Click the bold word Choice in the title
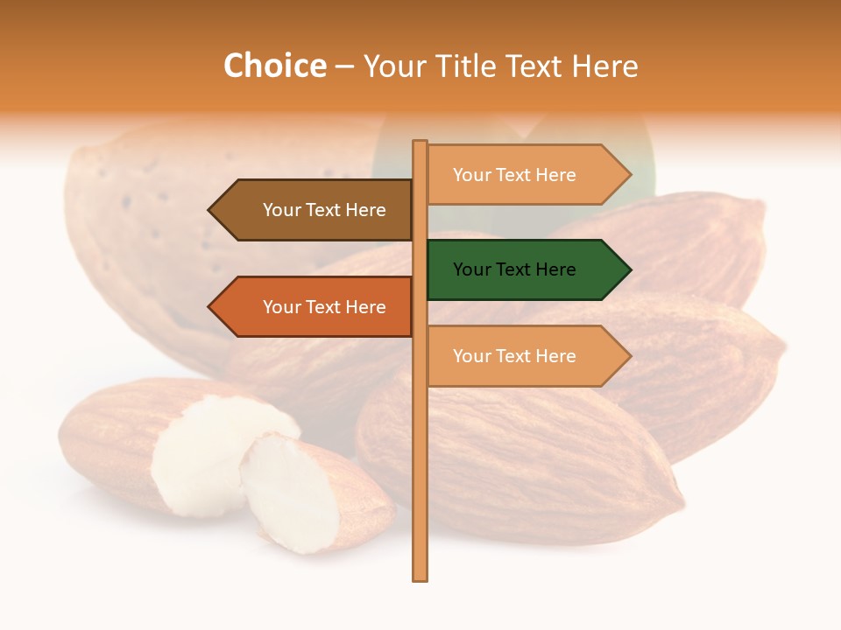pos(274,66)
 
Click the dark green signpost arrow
pos(526,269)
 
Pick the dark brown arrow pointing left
pos(315,210)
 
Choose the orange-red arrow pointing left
pos(315,307)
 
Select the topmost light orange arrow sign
pos(526,175)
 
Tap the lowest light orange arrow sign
pos(526,356)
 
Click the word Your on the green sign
pos(472,269)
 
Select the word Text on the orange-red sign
pos(324,307)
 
